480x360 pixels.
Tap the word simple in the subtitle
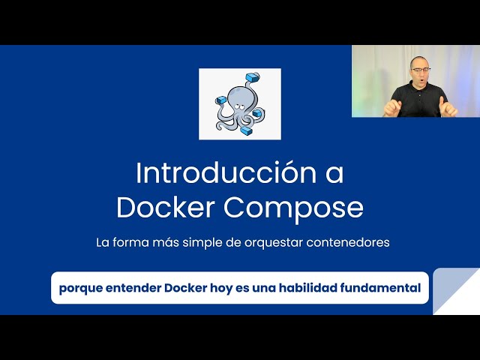(195, 244)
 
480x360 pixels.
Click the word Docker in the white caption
(186, 288)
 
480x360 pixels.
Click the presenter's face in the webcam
(419, 74)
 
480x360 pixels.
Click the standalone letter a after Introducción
(334, 174)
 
